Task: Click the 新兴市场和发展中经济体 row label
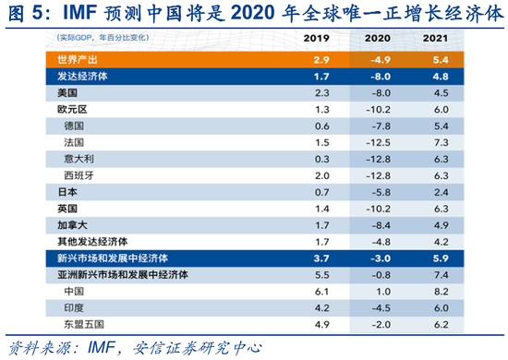pyautogui.click(x=105, y=258)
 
